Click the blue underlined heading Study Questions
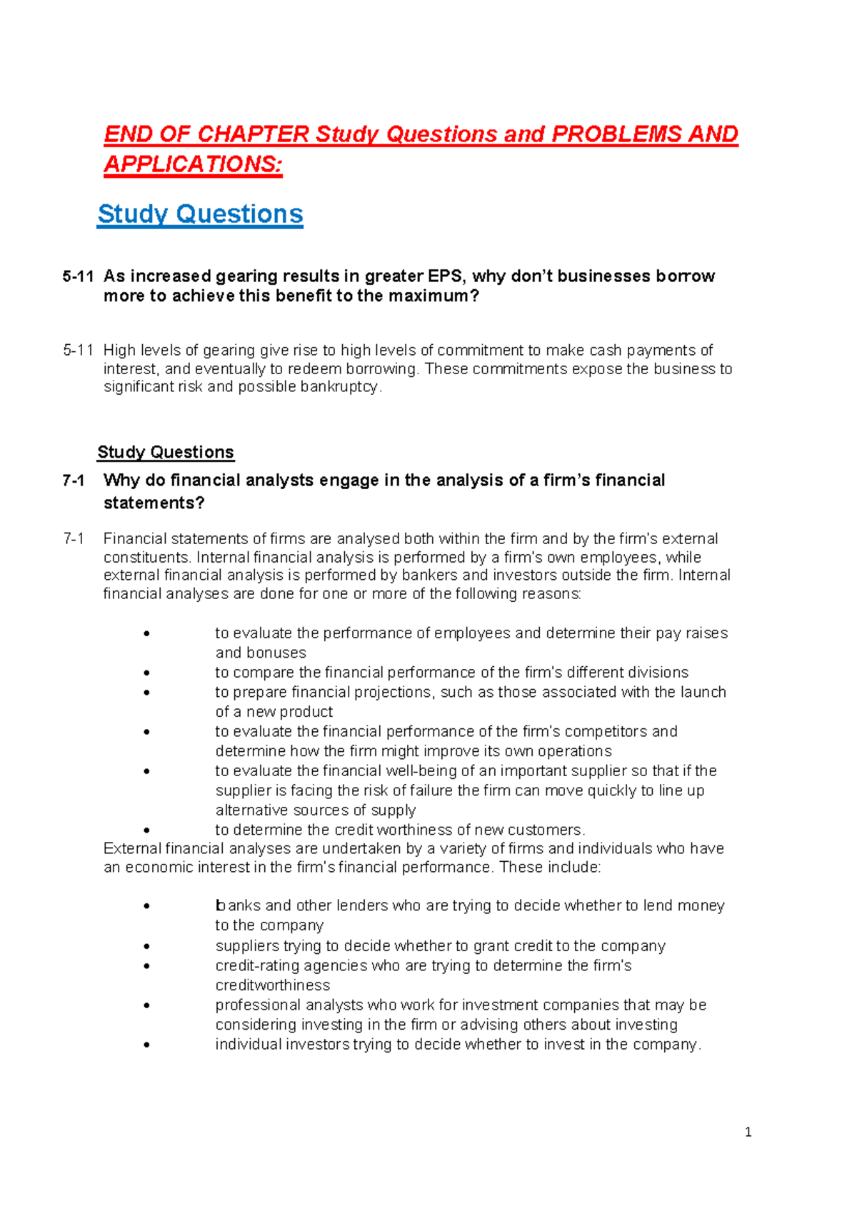pos(200,214)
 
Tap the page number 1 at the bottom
pos(748,1132)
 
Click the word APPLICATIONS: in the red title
pos(193,164)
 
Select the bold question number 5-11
pos(78,276)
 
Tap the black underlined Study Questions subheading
pos(165,452)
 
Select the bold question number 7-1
pos(74,481)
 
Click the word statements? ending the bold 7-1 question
pos(154,503)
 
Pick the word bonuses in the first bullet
pos(275,653)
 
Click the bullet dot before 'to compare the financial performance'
pos(146,673)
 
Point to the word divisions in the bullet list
pos(656,673)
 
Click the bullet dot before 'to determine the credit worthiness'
pos(146,830)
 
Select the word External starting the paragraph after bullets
pos(132,848)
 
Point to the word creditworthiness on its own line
pos(272,985)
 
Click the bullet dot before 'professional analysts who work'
pos(146,1005)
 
